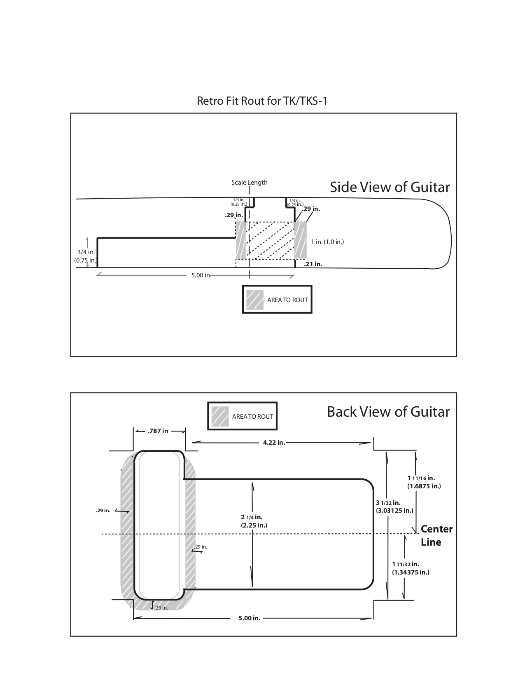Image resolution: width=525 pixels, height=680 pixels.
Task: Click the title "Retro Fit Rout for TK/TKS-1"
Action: pyautogui.click(x=262, y=101)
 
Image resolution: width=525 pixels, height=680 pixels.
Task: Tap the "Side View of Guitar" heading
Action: pyautogui.click(x=390, y=187)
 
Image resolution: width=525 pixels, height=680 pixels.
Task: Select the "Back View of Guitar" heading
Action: pyautogui.click(x=388, y=412)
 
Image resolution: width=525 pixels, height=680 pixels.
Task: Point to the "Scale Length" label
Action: pyautogui.click(x=249, y=183)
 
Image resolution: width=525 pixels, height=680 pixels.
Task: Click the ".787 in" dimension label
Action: pyautogui.click(x=158, y=431)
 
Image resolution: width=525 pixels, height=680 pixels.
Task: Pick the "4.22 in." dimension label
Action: pyautogui.click(x=274, y=443)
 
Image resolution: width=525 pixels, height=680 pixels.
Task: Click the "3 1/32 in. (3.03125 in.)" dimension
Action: pyautogui.click(x=394, y=506)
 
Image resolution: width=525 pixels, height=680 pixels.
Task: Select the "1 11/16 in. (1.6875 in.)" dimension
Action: pyautogui.click(x=424, y=482)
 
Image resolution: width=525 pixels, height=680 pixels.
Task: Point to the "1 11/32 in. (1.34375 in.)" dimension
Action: pyautogui.click(x=411, y=568)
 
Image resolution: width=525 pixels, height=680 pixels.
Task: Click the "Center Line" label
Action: pyautogui.click(x=436, y=535)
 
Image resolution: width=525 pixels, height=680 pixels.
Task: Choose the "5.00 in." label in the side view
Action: pyautogui.click(x=201, y=275)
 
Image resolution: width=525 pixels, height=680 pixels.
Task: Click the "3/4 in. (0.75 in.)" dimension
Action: pyautogui.click(x=85, y=256)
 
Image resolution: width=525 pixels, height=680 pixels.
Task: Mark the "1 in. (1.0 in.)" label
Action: pyautogui.click(x=327, y=242)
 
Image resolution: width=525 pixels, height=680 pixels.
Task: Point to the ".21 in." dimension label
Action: pyautogui.click(x=313, y=264)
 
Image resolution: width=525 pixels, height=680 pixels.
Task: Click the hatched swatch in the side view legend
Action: pyautogui.click(x=255, y=300)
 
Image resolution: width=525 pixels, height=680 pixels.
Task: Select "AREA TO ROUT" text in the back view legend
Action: pyautogui.click(x=252, y=417)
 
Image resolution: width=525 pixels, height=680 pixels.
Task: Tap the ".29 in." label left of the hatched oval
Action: pyautogui.click(x=103, y=511)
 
